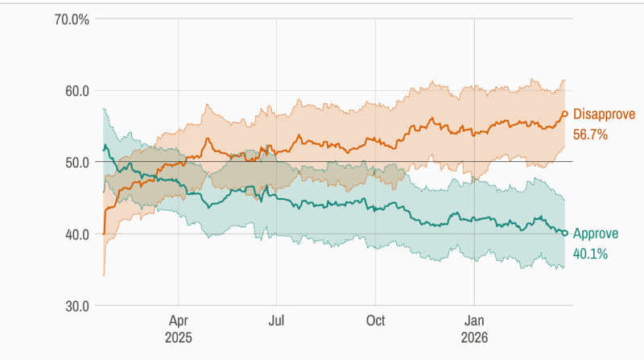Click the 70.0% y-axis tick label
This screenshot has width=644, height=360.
click(68, 19)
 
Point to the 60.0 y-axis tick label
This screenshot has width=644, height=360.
click(72, 91)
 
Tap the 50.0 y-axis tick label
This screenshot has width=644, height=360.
click(72, 163)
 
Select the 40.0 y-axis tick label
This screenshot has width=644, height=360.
click(72, 234)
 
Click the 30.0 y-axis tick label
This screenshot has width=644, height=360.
click(72, 306)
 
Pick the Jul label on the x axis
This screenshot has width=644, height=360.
click(276, 319)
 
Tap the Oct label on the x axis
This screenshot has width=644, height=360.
click(375, 319)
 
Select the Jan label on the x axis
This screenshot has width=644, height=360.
click(474, 319)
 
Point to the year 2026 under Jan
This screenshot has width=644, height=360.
click(474, 336)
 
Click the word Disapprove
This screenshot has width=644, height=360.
click(604, 114)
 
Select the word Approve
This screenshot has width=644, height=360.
click(596, 234)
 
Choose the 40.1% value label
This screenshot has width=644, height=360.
click(590, 254)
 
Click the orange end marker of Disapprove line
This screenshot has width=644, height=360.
click(565, 114)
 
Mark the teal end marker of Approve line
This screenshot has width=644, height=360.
click(565, 233)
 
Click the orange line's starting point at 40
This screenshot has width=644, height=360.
click(104, 234)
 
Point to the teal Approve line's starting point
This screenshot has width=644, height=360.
click(103, 149)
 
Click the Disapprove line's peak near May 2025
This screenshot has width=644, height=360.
click(207, 139)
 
